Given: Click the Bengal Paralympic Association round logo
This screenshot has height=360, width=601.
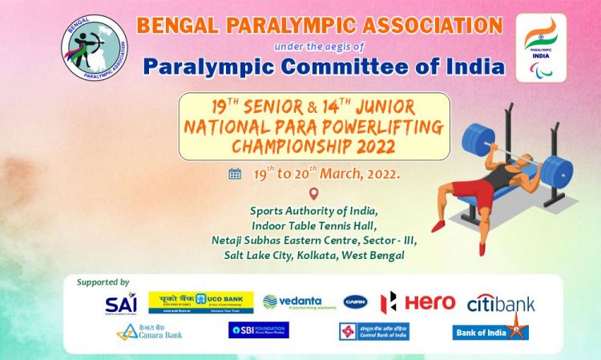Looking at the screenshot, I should [95, 48].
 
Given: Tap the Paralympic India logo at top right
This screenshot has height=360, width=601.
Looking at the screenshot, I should [541, 47].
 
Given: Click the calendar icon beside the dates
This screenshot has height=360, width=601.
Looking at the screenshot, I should [235, 173].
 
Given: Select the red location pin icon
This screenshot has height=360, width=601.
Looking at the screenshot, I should [313, 194].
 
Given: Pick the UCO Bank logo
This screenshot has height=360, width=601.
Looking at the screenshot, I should [201, 302].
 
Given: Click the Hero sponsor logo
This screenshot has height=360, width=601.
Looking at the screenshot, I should [417, 302].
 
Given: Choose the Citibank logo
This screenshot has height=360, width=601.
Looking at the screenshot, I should [501, 303].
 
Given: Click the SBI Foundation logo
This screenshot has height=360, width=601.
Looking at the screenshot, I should [258, 330].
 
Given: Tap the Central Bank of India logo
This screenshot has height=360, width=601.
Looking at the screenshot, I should [373, 331].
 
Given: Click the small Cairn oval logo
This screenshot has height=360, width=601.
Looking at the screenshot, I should [356, 302].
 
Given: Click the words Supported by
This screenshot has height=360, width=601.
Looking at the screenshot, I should [103, 282].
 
